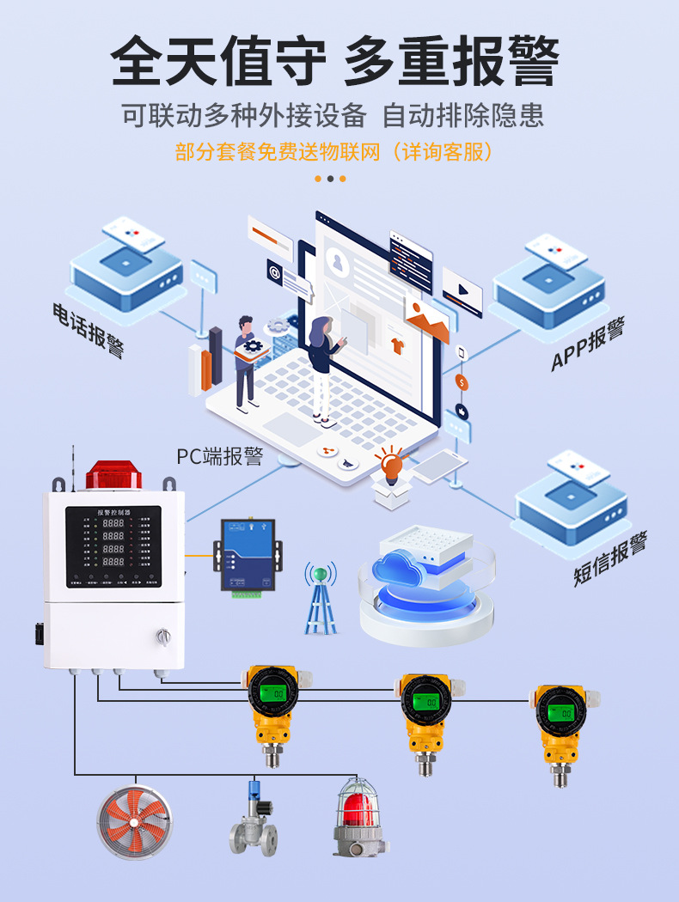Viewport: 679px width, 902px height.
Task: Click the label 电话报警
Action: click(89, 329)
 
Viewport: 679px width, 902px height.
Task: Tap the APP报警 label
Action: click(588, 344)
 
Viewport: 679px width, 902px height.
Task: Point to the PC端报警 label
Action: click(219, 456)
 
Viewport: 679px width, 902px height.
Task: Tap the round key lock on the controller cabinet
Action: click(162, 636)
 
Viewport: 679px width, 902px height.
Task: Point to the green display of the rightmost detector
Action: click(562, 710)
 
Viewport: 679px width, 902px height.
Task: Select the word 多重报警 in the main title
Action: click(451, 62)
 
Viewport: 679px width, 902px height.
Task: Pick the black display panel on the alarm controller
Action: click(114, 546)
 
